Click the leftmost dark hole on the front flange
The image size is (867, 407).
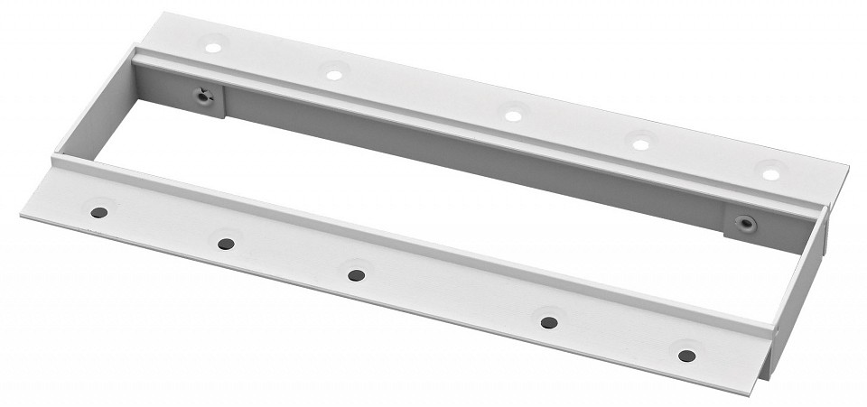coord(98,212)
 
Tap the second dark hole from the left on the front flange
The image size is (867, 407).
coord(227,244)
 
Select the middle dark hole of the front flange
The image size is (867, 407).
coord(357,274)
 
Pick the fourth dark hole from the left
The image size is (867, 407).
coord(548,322)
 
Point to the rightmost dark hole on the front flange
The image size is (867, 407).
coord(686,355)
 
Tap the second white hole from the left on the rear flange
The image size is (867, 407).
coord(334,75)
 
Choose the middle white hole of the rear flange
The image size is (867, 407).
coord(512,116)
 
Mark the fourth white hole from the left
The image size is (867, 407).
coord(640,143)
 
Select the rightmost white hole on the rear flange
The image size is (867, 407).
coord(770,172)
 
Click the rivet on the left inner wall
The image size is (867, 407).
coord(205,96)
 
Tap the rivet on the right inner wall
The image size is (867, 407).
coord(745,222)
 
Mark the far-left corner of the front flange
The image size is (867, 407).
coord(22,213)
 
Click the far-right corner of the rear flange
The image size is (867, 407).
coord(847,167)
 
